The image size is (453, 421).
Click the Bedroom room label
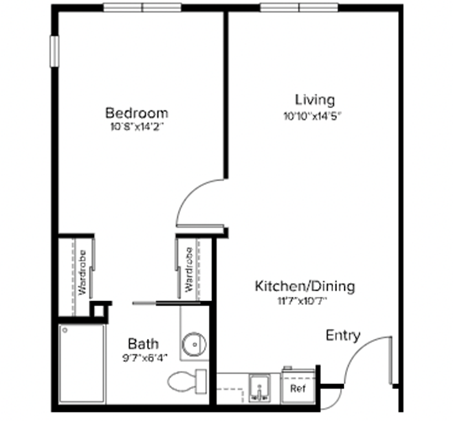tap(137, 113)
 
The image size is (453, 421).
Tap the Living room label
tap(315, 100)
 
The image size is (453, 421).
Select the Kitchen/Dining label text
tap(305, 286)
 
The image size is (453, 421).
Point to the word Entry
tap(343, 336)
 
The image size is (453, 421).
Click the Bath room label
tap(143, 344)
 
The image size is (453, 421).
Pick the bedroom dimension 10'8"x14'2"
tap(137, 127)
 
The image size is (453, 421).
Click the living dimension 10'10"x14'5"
tap(313, 116)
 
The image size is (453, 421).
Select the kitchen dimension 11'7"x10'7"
tap(302, 302)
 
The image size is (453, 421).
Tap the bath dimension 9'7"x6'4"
tap(145, 359)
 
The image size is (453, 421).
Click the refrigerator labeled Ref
tap(298, 386)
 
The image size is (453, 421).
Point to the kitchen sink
tap(260, 389)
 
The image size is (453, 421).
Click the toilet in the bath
tap(187, 381)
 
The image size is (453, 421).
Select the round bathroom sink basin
tap(194, 344)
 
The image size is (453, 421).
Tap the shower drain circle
tap(65, 330)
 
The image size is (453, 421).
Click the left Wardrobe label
tap(83, 273)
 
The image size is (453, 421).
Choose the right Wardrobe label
tap(189, 269)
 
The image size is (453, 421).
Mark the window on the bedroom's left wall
tap(54, 51)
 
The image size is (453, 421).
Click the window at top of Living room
tap(299, 8)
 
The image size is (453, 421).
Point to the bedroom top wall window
tap(142, 8)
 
